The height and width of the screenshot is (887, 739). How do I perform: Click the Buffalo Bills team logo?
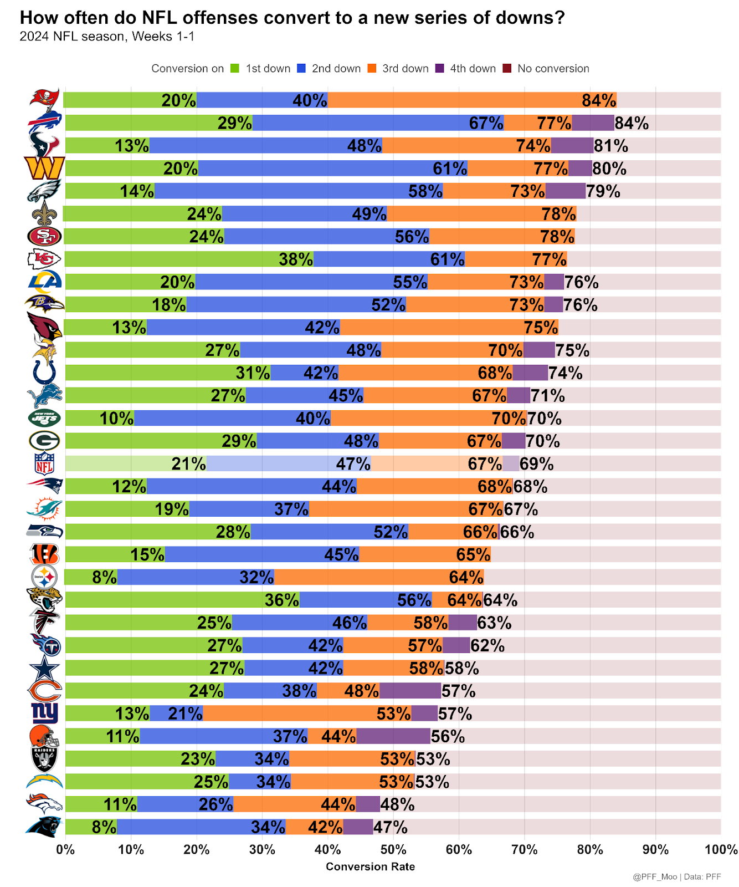click(x=45, y=122)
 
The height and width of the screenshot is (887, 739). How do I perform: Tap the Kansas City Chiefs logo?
click(x=44, y=259)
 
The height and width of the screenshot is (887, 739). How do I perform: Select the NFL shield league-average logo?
click(x=44, y=463)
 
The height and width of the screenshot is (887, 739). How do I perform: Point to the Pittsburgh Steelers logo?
click(x=44, y=577)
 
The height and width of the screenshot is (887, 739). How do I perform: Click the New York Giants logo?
click(x=44, y=713)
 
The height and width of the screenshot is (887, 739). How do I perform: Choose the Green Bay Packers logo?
click(x=44, y=441)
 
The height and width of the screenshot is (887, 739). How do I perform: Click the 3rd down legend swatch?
click(x=372, y=69)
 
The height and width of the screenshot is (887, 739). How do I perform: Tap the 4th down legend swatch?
click(x=439, y=69)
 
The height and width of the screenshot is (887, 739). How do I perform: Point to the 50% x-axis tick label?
click(x=393, y=849)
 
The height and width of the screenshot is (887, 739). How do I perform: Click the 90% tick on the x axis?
click(x=655, y=849)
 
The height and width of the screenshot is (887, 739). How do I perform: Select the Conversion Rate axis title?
click(x=370, y=866)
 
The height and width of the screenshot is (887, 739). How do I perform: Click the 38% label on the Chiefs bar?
click(x=296, y=259)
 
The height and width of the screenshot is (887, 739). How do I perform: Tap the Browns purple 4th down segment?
click(x=393, y=736)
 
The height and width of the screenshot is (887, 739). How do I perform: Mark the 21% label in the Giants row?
click(x=185, y=713)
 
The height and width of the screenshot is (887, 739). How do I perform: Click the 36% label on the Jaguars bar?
click(x=281, y=600)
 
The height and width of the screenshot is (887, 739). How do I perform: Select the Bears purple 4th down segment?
click(x=410, y=691)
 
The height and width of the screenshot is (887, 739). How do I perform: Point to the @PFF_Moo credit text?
click(x=655, y=877)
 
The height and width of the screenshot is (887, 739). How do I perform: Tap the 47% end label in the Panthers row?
click(x=391, y=827)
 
